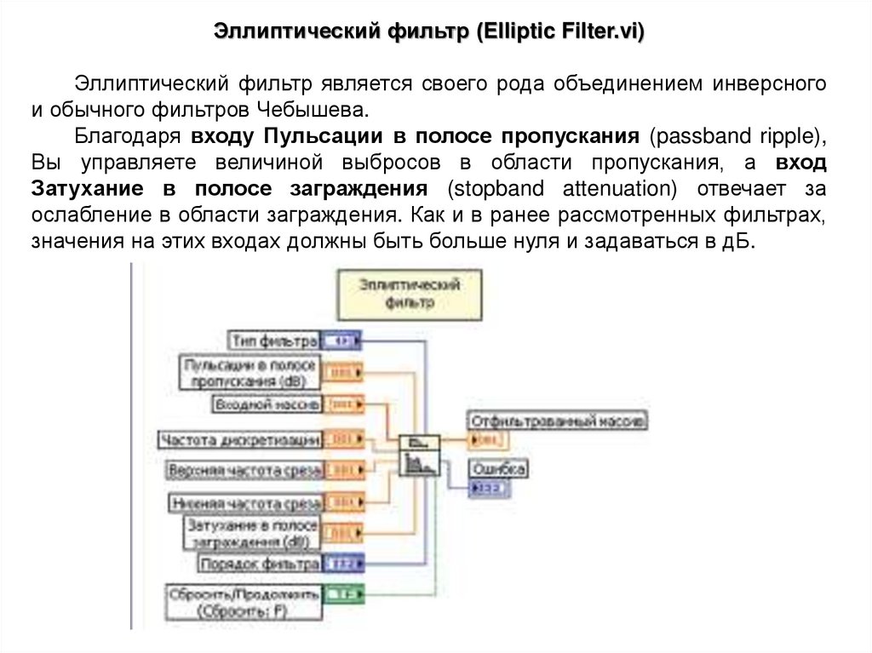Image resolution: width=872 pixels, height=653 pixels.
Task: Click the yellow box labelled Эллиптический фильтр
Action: coord(409,293)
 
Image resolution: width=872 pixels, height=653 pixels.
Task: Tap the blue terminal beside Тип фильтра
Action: coord(342,341)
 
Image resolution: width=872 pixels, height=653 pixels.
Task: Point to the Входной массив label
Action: coord(266,404)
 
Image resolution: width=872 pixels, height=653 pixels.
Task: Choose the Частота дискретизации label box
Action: coord(241,439)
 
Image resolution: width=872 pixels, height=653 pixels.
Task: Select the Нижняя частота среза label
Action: coord(245,502)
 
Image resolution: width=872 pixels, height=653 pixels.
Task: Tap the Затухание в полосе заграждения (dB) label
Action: coord(252,532)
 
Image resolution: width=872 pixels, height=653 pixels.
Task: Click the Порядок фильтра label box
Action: coord(260,563)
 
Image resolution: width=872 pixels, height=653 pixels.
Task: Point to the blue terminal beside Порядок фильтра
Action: coord(346,563)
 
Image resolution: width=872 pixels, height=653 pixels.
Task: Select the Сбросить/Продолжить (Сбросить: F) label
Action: coord(244,601)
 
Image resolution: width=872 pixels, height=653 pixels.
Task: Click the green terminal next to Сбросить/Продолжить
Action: coord(346,593)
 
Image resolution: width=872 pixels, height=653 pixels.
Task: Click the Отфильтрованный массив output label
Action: coord(557,420)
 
